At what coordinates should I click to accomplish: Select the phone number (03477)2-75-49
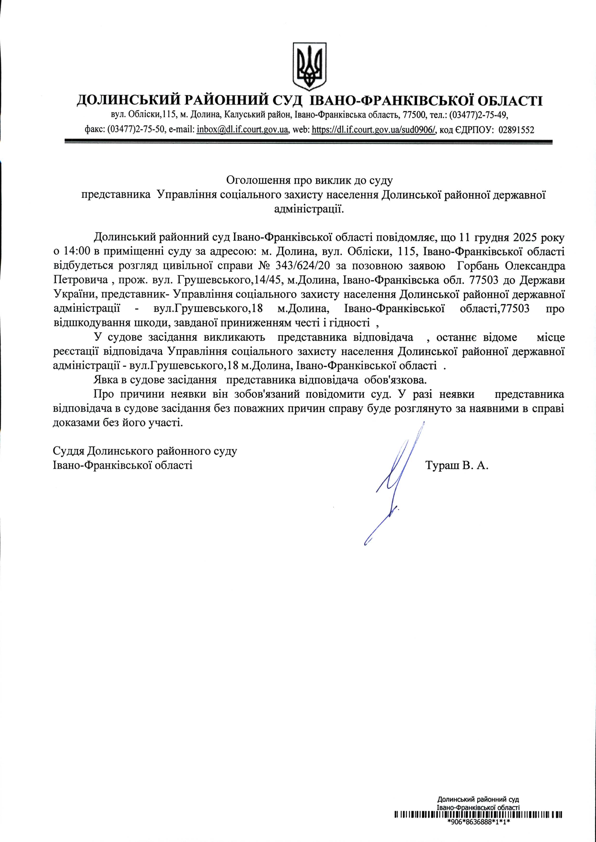tap(479, 115)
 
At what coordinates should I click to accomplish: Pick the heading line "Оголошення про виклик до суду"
tap(309, 180)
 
